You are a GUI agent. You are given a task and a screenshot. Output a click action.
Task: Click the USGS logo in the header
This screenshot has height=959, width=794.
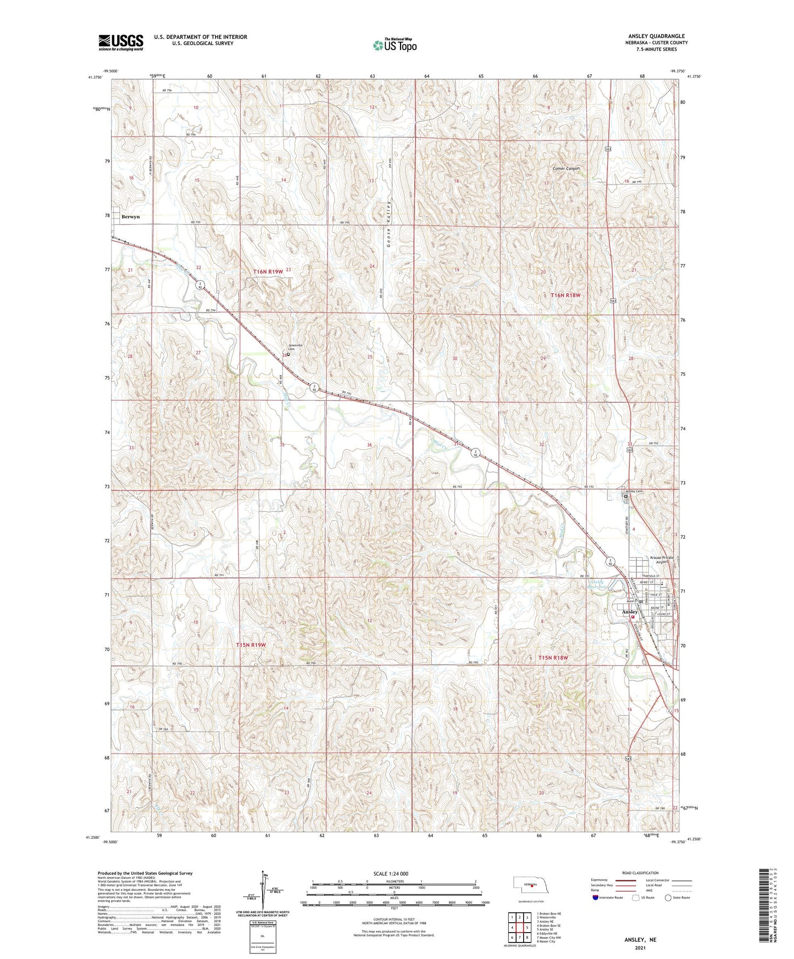click(x=121, y=42)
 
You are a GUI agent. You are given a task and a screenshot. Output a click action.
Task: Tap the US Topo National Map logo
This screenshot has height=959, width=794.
click(x=395, y=45)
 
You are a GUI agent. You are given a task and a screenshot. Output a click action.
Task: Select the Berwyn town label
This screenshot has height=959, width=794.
click(x=131, y=217)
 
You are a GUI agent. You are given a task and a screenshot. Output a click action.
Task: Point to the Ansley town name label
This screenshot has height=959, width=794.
click(x=630, y=612)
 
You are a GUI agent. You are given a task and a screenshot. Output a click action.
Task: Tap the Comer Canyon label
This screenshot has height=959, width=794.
click(x=567, y=169)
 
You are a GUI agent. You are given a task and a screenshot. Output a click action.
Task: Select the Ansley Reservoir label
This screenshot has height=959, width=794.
click(x=597, y=584)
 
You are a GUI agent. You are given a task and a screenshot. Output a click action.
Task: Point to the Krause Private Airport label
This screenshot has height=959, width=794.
click(x=662, y=560)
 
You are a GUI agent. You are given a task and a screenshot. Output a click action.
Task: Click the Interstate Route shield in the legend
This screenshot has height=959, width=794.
click(x=596, y=897)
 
